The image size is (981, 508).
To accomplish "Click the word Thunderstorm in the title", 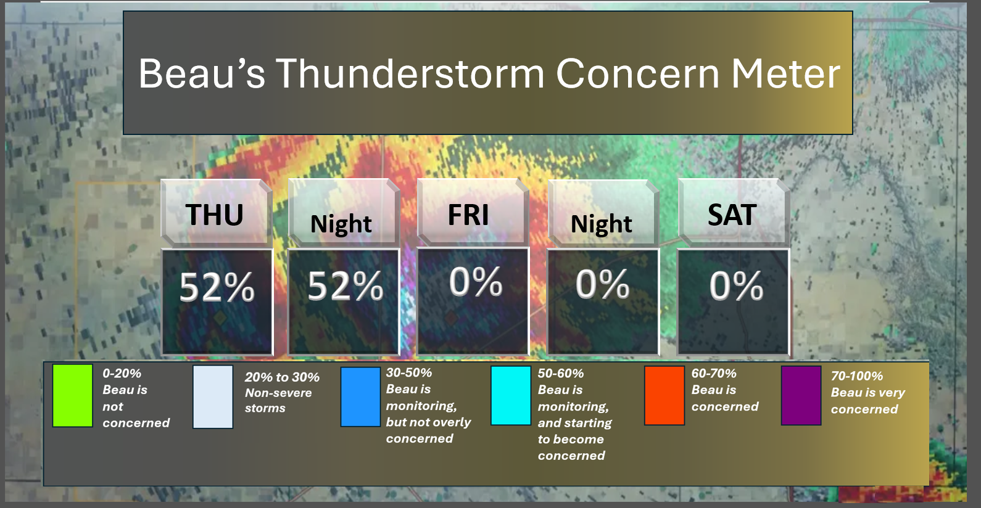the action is pyautogui.click(x=410, y=73).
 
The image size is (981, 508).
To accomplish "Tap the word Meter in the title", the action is pyautogui.click(x=785, y=73).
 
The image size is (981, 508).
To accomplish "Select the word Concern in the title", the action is pyautogui.click(x=638, y=73).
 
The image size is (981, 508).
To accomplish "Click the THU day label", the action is pyautogui.click(x=214, y=215).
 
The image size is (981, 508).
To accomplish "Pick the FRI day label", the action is pyautogui.click(x=468, y=215).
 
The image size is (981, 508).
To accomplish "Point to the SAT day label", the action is pyautogui.click(x=732, y=215).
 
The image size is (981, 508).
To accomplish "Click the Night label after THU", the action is pyautogui.click(x=341, y=224).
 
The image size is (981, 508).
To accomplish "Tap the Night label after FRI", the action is pyautogui.click(x=601, y=224).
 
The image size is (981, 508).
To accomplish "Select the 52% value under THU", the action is pyautogui.click(x=217, y=287).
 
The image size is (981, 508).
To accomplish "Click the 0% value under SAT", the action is pyautogui.click(x=735, y=285).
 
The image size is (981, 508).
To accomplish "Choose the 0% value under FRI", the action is pyautogui.click(x=476, y=282).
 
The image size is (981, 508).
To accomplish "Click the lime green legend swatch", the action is pyautogui.click(x=73, y=396).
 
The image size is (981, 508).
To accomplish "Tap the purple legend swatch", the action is pyautogui.click(x=801, y=396).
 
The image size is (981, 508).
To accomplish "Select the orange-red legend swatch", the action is pyautogui.click(x=664, y=396).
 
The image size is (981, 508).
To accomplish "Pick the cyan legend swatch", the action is pyautogui.click(x=511, y=396).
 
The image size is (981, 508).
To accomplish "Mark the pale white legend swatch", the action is pyautogui.click(x=213, y=397).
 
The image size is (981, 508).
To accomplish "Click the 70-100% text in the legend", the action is pyautogui.click(x=856, y=376).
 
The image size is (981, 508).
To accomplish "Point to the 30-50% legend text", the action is pyautogui.click(x=408, y=372).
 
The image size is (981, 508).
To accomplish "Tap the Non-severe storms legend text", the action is pyautogui.click(x=278, y=400).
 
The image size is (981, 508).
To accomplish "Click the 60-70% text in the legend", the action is pyautogui.click(x=714, y=373).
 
